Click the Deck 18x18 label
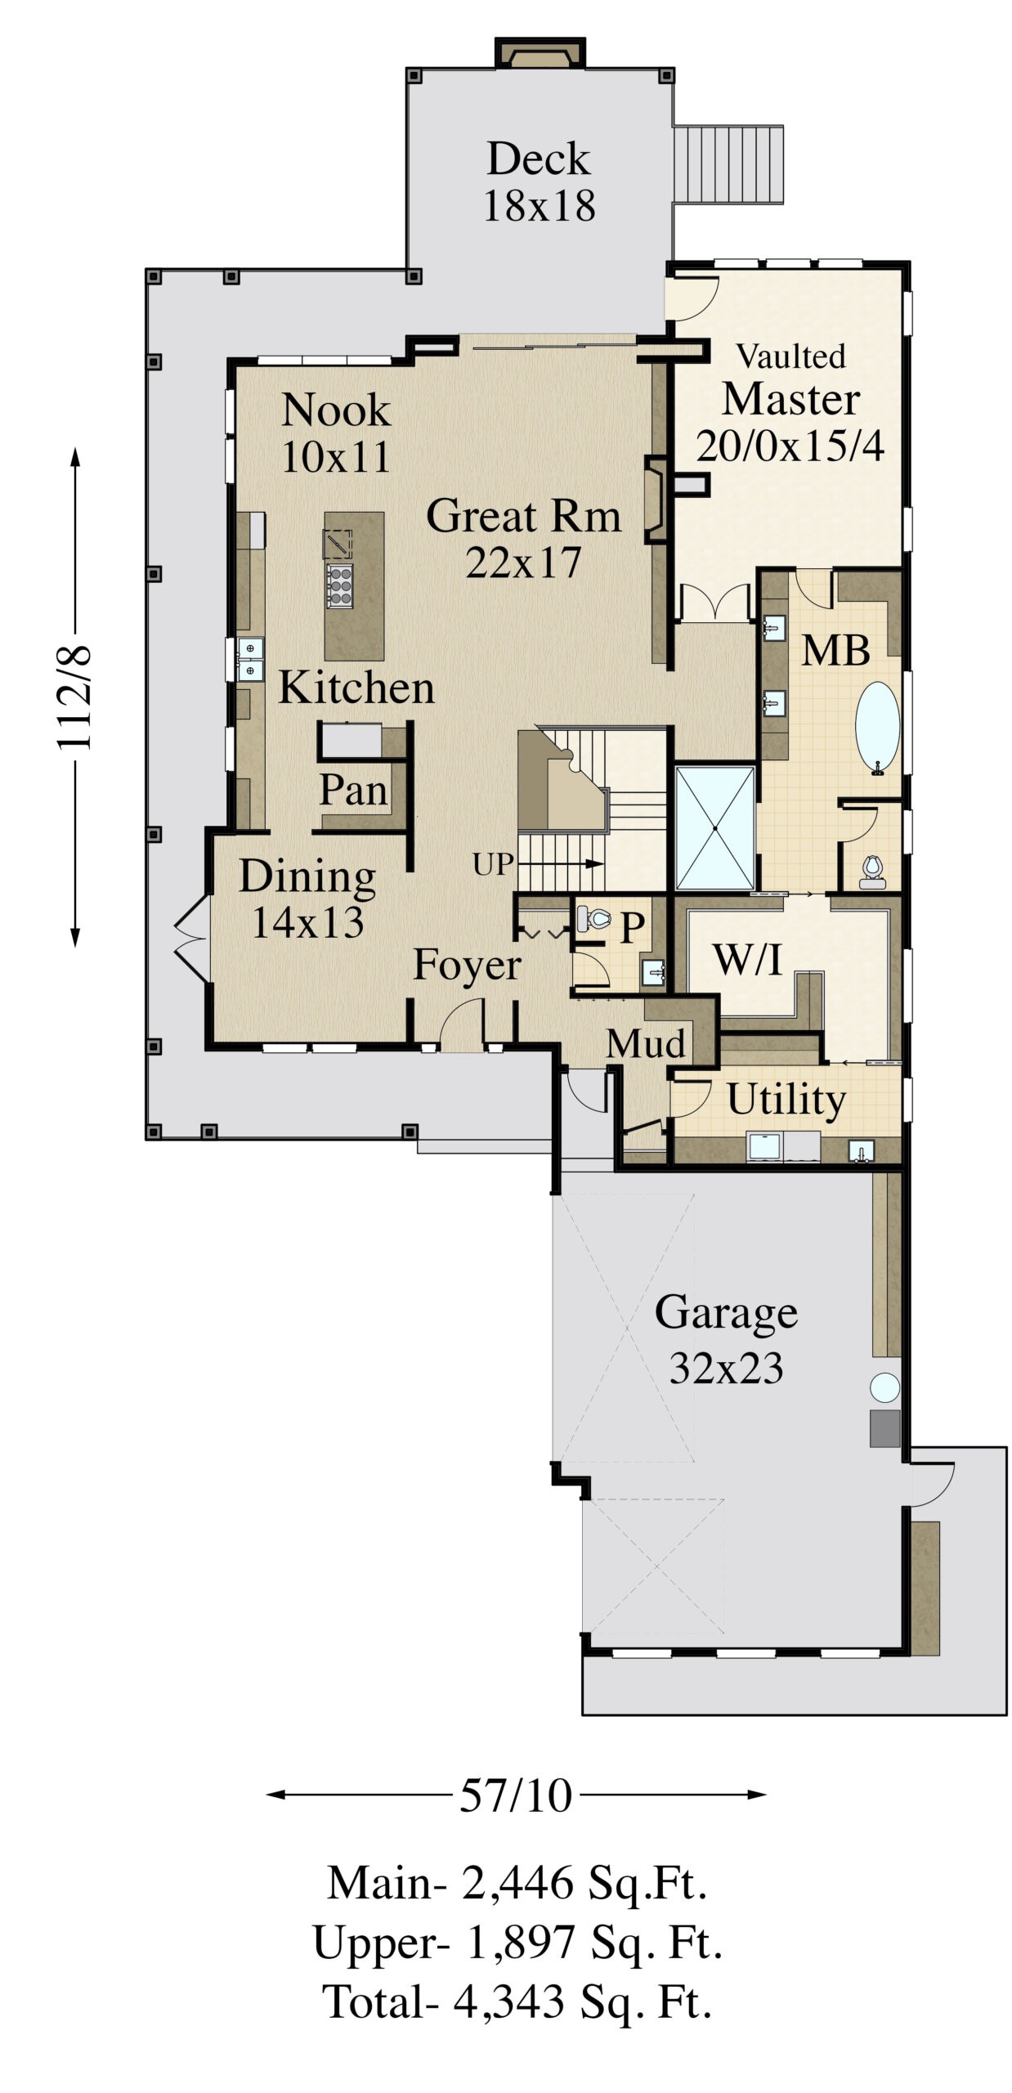(539, 182)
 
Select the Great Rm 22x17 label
(523, 539)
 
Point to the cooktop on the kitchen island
(339, 585)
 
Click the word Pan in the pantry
(353, 790)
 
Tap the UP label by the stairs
(493, 864)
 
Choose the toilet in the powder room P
(593, 919)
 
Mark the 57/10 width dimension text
(515, 1795)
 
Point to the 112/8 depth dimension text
(75, 697)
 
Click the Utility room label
(786, 1100)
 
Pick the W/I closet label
(747, 959)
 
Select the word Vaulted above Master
(790, 356)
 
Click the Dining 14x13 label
(307, 899)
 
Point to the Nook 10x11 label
(336, 432)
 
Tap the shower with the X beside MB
(715, 827)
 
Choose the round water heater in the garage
(884, 1387)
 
